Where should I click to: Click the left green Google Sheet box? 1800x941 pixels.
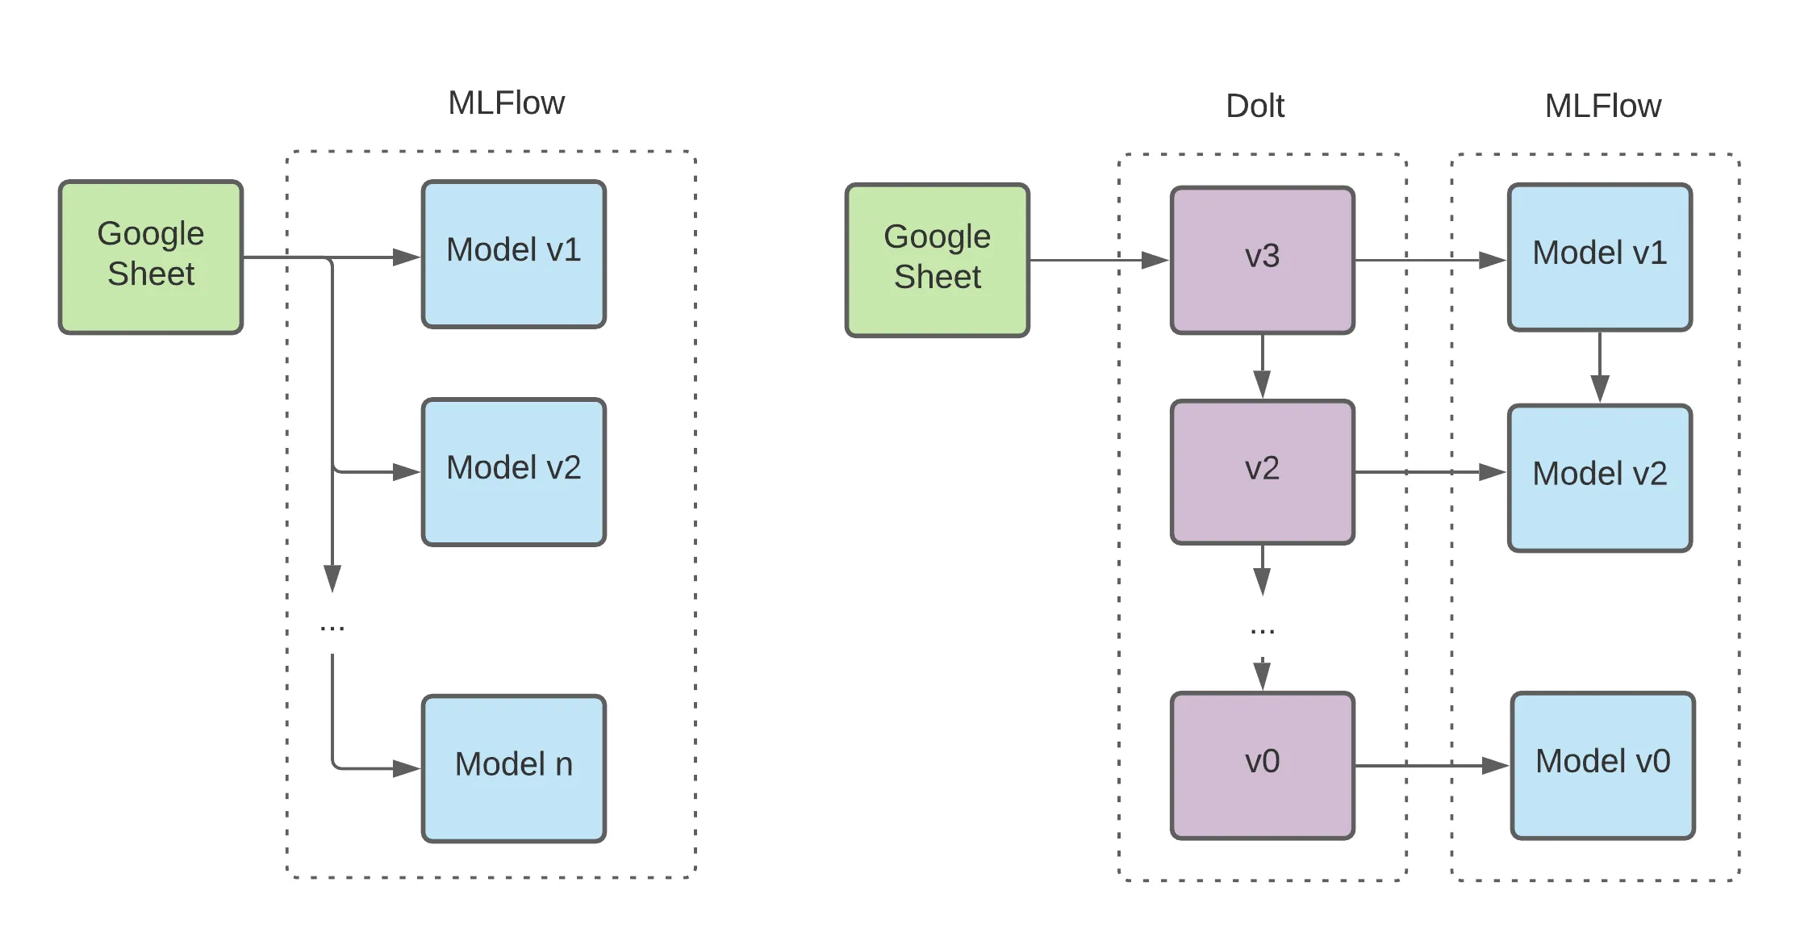(151, 257)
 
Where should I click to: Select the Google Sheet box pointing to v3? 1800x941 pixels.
(937, 260)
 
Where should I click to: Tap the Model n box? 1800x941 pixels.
(513, 768)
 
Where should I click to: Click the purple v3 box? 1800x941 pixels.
(1262, 260)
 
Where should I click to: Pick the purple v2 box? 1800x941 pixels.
(1262, 472)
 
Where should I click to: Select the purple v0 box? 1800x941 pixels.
(1262, 765)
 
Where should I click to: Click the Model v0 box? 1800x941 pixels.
(1602, 765)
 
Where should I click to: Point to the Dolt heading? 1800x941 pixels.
(1255, 106)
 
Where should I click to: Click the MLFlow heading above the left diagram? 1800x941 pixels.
(506, 103)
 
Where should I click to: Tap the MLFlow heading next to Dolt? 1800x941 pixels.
(1602, 106)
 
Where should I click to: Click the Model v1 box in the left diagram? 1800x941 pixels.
(513, 254)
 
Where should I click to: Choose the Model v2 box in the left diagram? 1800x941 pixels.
(513, 472)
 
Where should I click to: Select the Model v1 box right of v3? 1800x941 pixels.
(1599, 257)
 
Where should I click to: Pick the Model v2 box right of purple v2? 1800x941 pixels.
(1599, 478)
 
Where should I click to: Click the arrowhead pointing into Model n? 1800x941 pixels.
(406, 768)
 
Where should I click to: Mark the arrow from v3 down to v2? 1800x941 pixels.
(1262, 367)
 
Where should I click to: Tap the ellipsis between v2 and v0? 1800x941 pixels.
(1262, 631)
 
